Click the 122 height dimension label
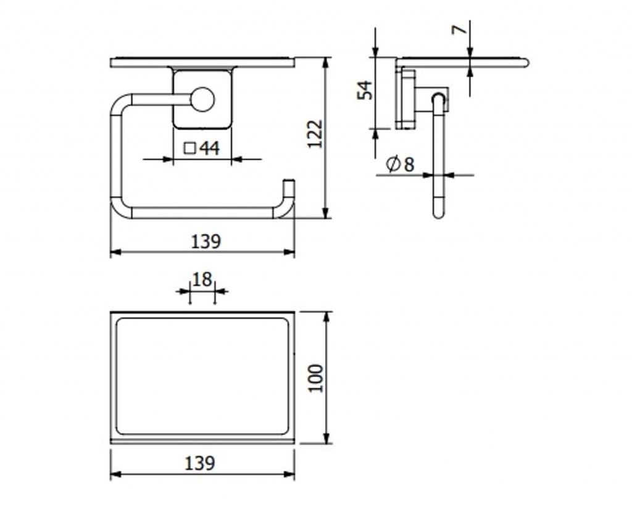(x=315, y=134)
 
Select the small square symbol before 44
(x=189, y=148)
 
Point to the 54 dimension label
(x=365, y=90)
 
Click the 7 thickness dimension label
(x=459, y=30)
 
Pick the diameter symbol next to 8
(x=393, y=163)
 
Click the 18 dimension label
(x=202, y=279)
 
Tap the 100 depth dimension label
(x=315, y=378)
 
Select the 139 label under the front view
(x=206, y=241)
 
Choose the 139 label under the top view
(x=200, y=463)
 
